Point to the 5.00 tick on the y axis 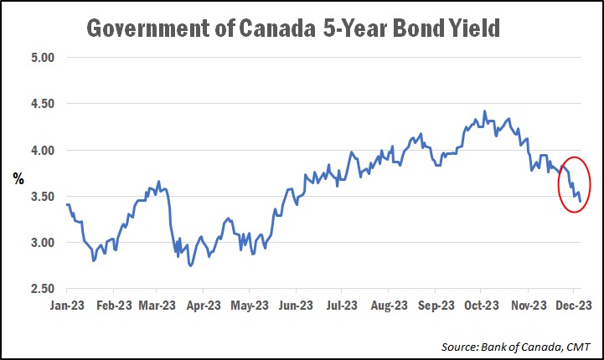pos(41,58)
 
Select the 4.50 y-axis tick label pos(41,104)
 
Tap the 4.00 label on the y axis pos(41,151)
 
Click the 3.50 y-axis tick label pos(41,197)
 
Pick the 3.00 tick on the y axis pos(41,243)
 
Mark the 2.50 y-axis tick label pos(41,289)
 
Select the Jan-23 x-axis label pos(65,306)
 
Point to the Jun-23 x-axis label pos(297,306)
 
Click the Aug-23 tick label pos(390,306)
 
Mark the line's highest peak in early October pos(484,111)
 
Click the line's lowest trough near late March pos(191,265)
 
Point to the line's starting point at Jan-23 pos(65,204)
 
